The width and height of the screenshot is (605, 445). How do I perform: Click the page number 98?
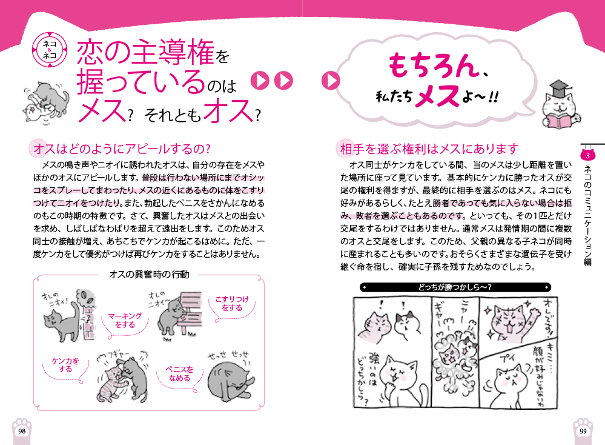coord(22,431)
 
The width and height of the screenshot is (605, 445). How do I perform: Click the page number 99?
coord(583,431)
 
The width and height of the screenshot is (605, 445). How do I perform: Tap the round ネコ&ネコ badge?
coord(50,50)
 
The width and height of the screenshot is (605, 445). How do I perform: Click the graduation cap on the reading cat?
coord(558,89)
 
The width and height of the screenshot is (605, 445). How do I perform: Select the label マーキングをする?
coord(125,320)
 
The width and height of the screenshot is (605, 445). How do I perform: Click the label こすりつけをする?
coord(233,303)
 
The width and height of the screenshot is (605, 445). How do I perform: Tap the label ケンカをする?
coord(65,364)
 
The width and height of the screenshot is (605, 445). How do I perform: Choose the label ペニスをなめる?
coord(179,373)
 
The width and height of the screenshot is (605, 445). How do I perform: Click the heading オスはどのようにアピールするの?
coord(122,149)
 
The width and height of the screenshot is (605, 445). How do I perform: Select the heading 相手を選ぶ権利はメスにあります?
coord(429,149)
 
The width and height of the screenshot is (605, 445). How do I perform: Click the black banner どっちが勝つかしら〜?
coord(455,287)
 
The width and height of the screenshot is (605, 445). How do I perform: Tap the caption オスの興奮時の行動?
coord(150,274)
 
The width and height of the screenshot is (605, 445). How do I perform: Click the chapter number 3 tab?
coord(587,156)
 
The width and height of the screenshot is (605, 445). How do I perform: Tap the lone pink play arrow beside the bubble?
coord(331,81)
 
